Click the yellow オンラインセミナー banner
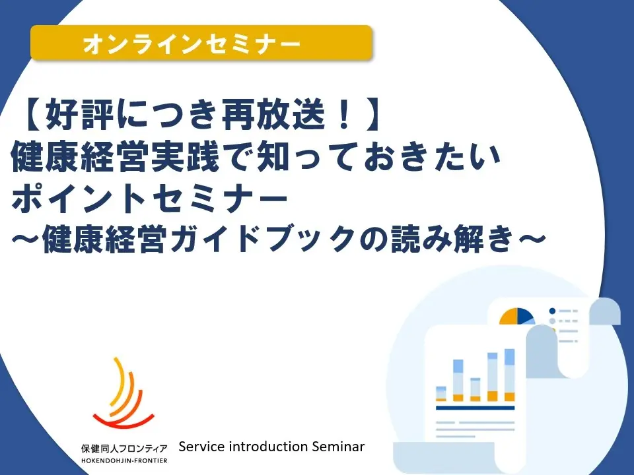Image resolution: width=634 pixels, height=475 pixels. [201, 44]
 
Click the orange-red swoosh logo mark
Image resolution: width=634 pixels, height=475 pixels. [122, 396]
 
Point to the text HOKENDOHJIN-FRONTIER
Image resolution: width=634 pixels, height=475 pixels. [124, 459]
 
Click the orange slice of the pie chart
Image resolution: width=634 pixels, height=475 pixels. [509, 317]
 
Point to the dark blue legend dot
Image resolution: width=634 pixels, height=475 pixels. [553, 310]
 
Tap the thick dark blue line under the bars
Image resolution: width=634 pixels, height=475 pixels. [475, 408]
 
